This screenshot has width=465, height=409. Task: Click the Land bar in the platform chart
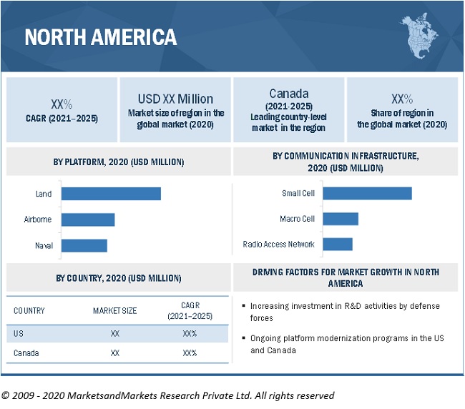pos(111,194)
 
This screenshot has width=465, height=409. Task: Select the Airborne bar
pos(88,220)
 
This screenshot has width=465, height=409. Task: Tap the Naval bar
pos(84,245)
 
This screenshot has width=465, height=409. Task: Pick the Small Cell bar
pos(367,193)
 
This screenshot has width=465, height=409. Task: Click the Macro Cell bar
pos(341,219)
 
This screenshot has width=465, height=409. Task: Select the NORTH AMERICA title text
pos(101,36)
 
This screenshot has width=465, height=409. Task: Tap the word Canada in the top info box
pos(288,94)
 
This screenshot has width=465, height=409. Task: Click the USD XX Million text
pos(175,99)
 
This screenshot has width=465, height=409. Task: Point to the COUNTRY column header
pos(29,311)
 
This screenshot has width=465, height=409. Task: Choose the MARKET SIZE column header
pos(114,311)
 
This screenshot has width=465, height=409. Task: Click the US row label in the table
pos(19,333)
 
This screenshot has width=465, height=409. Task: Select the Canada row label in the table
pos(26,353)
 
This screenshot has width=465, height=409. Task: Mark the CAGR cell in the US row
pos(190,333)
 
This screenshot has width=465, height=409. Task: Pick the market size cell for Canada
pos(114,353)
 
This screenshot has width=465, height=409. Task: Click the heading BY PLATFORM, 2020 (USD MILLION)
pos(119,162)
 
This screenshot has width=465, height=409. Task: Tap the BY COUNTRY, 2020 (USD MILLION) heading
pos(119,278)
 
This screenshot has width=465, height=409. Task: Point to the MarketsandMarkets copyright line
pos(167,395)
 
